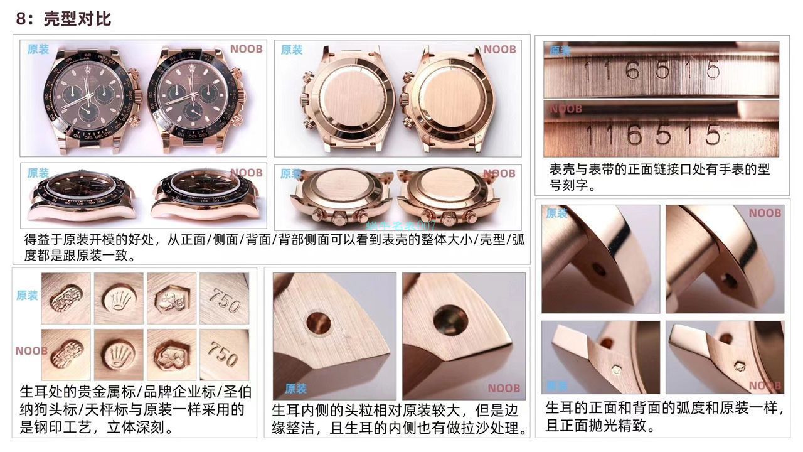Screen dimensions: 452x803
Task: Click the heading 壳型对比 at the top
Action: (77, 19)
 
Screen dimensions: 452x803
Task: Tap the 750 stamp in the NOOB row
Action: (224, 354)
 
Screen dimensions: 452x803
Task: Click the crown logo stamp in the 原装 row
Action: (119, 299)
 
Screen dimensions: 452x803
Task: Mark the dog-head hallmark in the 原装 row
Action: (171, 299)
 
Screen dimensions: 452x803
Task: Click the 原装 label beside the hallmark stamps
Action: (27, 296)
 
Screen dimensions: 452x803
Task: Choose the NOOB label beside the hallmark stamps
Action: (31, 351)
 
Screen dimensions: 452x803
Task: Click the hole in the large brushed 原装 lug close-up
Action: (319, 322)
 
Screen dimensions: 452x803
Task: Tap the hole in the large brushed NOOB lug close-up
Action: (450, 320)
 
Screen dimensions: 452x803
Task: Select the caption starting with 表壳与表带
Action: (659, 177)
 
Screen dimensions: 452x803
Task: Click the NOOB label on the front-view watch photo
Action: (246, 50)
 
